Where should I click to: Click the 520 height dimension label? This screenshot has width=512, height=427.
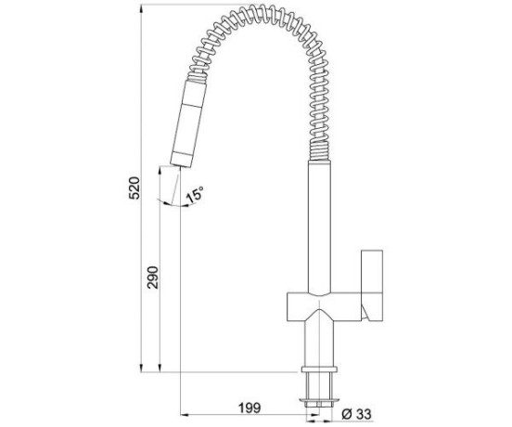point(134,188)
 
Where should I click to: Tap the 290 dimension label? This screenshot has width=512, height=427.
point(153,278)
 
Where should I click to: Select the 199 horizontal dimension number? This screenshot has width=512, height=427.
point(250,408)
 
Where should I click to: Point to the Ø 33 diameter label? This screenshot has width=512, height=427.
point(356,415)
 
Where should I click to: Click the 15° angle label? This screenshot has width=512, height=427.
point(195,194)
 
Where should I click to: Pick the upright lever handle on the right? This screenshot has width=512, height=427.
point(372,285)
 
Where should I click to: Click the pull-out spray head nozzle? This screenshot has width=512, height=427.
point(188,123)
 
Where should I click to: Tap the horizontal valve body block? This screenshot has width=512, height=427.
point(324,306)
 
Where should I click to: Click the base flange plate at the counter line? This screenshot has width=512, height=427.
point(319,369)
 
